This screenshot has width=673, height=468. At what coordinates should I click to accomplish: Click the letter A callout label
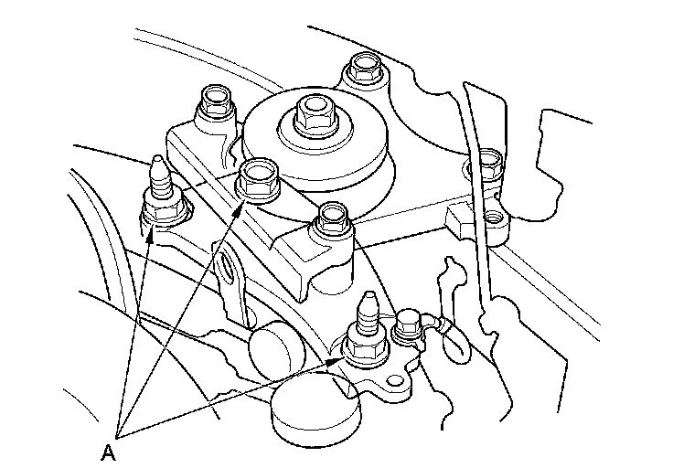pyautogui.click(x=109, y=452)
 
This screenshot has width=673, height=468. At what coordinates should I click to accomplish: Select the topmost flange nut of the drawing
pyautogui.click(x=365, y=67)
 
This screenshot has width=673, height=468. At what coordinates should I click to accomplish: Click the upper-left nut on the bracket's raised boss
pyautogui.click(x=216, y=101)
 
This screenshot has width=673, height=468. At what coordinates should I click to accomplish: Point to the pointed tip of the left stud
pyautogui.click(x=157, y=159)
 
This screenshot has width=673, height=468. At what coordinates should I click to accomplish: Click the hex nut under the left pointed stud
pyautogui.click(x=163, y=211)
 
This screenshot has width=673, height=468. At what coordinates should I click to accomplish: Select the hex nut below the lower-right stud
pyautogui.click(x=366, y=346)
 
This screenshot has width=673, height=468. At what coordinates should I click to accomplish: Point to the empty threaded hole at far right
pyautogui.click(x=493, y=218)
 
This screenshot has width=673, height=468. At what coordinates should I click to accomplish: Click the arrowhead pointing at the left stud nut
pyautogui.click(x=149, y=235)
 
